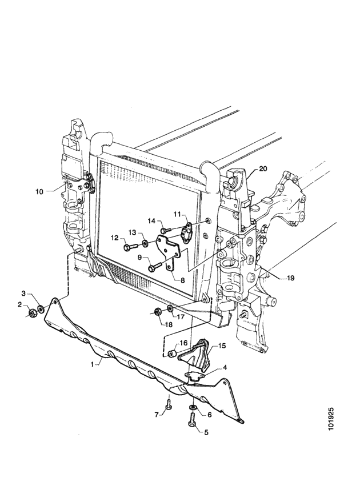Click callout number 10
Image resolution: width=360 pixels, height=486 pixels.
click(x=39, y=191)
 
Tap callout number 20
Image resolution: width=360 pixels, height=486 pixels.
click(x=263, y=168)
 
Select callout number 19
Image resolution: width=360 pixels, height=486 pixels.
click(x=290, y=278)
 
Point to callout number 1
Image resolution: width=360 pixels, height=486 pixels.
click(x=92, y=364)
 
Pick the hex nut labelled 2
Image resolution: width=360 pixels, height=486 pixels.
click(x=32, y=314)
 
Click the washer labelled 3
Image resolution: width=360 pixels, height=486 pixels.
click(x=41, y=309)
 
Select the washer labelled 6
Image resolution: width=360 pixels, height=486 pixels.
click(x=193, y=407)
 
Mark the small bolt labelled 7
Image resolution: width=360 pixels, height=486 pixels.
click(x=169, y=404)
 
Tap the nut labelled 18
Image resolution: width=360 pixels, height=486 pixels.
click(x=157, y=311)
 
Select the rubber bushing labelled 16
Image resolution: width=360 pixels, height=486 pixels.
click(x=172, y=354)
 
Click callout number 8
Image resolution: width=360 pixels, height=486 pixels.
click(x=183, y=280)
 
